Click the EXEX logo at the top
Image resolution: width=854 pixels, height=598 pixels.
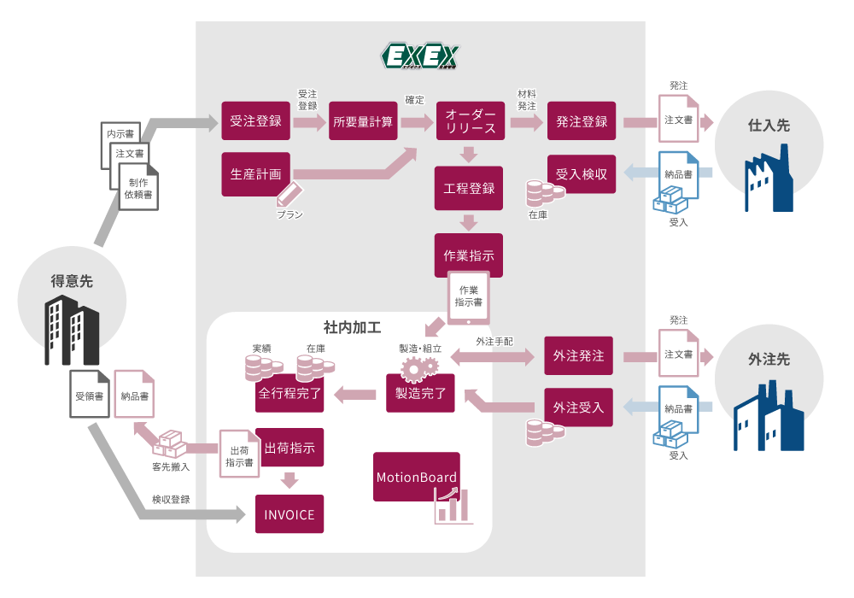pyautogui.click(x=419, y=56)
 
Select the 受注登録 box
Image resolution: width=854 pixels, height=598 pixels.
pyautogui.click(x=255, y=121)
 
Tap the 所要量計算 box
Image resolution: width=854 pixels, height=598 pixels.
pyautogui.click(x=364, y=121)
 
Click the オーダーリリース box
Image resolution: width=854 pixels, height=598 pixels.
pyautogui.click(x=469, y=121)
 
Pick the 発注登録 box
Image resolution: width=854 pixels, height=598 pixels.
pyautogui.click(x=582, y=121)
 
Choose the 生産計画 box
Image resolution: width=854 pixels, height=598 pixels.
pyautogui.click(x=255, y=173)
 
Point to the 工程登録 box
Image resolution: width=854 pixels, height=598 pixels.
pyautogui.click(x=469, y=188)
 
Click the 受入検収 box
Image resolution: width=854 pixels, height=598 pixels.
pyautogui.click(x=582, y=174)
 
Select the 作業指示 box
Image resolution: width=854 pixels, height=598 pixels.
pyautogui.click(x=469, y=255)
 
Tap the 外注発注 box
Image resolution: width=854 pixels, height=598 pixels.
pyautogui.click(x=578, y=355)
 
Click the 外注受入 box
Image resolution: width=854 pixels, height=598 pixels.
pyautogui.click(x=578, y=407)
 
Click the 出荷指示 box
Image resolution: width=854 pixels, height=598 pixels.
pyautogui.click(x=290, y=448)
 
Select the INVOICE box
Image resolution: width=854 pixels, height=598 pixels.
pyautogui.click(x=290, y=515)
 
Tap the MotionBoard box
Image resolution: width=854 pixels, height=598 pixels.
pyautogui.click(x=417, y=478)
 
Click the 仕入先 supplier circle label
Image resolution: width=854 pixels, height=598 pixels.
pyautogui.click(x=769, y=126)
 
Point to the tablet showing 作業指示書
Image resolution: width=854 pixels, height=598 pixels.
pyautogui.click(x=469, y=296)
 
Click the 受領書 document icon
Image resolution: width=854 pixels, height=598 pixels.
pyautogui.click(x=90, y=396)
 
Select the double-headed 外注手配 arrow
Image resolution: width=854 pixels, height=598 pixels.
pyautogui.click(x=496, y=356)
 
